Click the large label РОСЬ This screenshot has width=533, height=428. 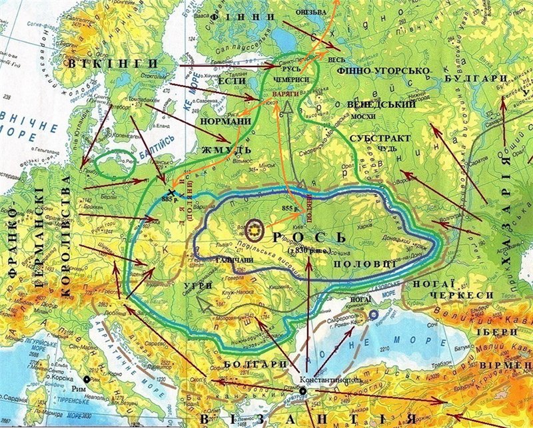[308, 238]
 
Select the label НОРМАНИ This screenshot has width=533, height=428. [229, 121]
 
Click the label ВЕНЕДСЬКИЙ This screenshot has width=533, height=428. [382, 105]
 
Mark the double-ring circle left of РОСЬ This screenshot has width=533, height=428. [255, 230]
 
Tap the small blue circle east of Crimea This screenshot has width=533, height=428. [374, 314]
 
